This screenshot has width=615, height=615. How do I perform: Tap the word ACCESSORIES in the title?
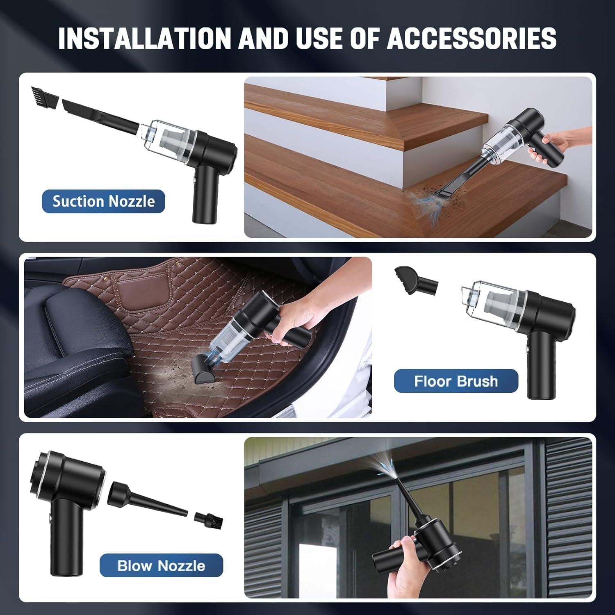[471, 38]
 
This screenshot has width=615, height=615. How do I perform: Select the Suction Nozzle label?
[103, 201]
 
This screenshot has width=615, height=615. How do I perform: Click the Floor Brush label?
[456, 381]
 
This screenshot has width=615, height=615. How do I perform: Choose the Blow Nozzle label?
[161, 565]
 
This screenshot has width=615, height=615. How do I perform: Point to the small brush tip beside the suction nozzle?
[42, 96]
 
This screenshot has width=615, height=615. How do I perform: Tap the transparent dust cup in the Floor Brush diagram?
[492, 303]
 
